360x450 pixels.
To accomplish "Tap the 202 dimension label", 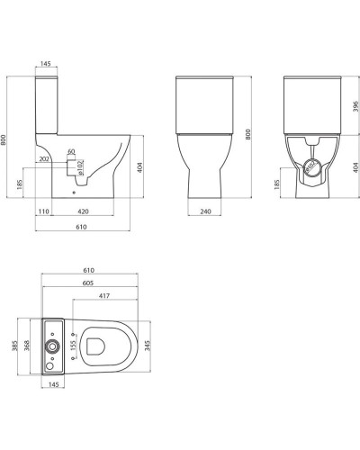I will click(x=44, y=160).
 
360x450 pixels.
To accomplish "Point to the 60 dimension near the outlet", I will click(x=71, y=152).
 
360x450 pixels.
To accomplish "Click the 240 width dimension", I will click(x=206, y=211).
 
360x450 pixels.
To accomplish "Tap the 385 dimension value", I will click(x=14, y=346).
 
